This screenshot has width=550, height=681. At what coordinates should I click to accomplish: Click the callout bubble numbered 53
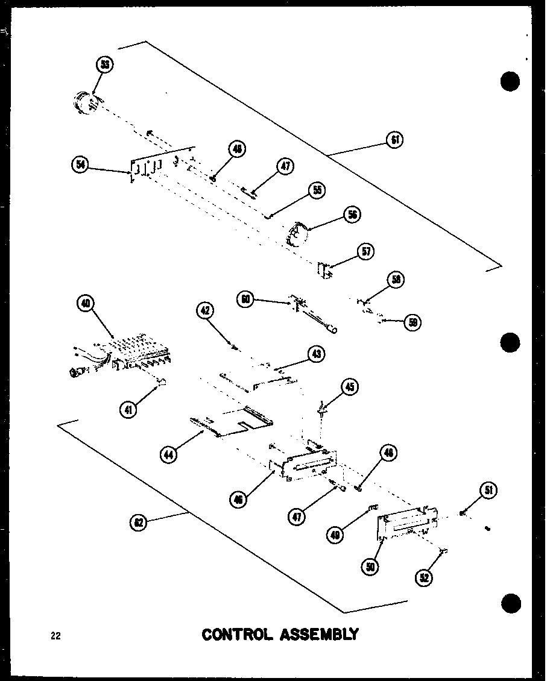pyautogui.click(x=105, y=64)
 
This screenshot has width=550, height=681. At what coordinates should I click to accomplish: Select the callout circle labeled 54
pyautogui.click(x=80, y=165)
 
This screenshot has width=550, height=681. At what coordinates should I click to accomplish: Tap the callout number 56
pyautogui.click(x=352, y=214)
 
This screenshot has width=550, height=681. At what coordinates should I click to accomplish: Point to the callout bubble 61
pyautogui.click(x=395, y=140)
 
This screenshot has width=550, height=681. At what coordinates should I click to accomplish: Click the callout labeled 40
pyautogui.click(x=86, y=304)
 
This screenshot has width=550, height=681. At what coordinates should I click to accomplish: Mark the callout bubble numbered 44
pyautogui.click(x=169, y=454)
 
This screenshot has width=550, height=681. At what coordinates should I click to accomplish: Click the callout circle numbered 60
pyautogui.click(x=245, y=298)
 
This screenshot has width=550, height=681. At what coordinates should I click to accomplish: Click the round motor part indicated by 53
pyautogui.click(x=86, y=103)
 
